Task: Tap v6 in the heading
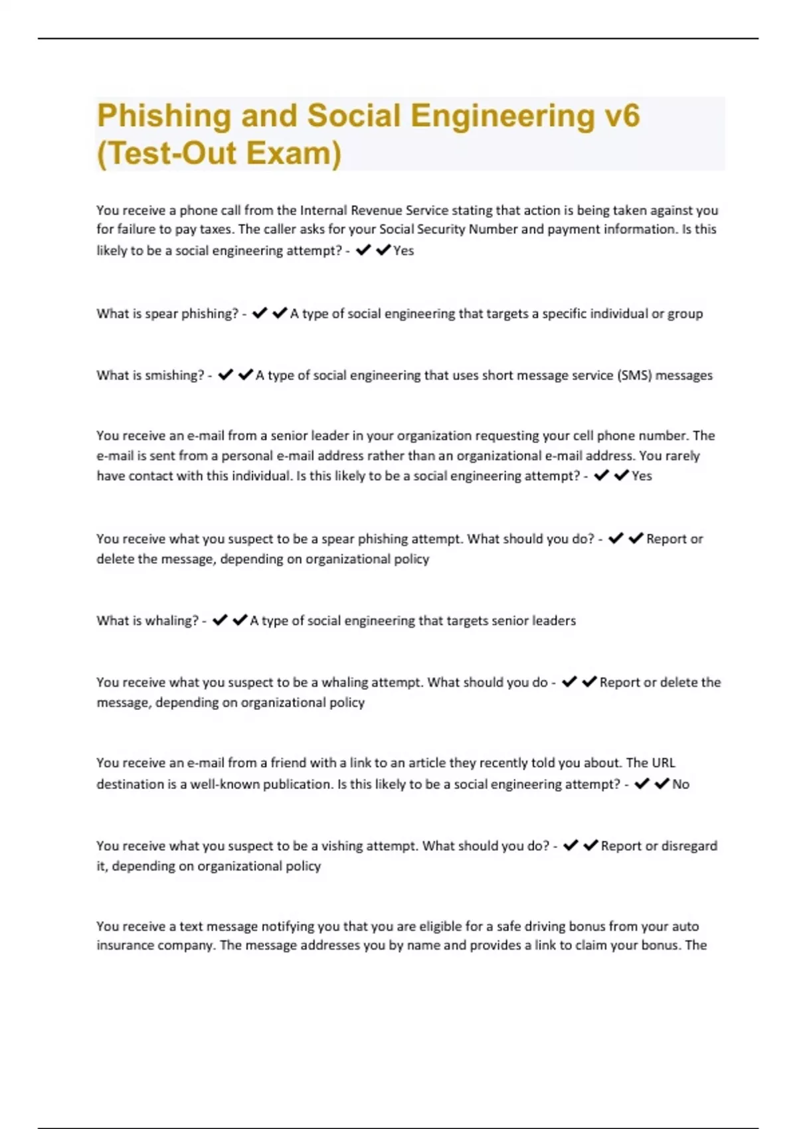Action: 622,116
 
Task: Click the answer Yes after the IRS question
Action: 404,251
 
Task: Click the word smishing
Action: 174,375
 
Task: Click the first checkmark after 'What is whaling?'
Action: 221,620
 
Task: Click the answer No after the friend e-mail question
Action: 681,784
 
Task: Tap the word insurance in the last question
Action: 124,946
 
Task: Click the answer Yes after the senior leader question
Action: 642,476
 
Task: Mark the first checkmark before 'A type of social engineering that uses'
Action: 226,375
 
